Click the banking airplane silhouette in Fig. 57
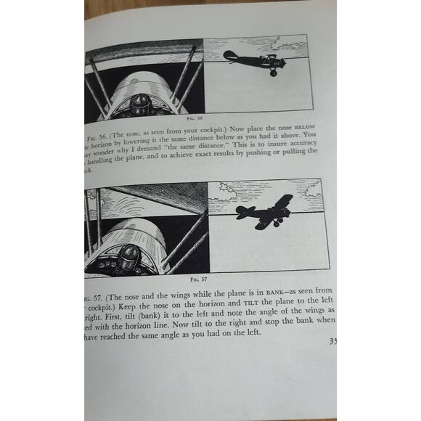click(266, 213)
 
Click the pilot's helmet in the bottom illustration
click(130, 257)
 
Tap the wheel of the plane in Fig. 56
click(273, 73)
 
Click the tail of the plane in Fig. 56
click(230, 56)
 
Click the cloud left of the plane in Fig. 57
click(227, 193)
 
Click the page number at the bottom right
click(332, 342)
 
